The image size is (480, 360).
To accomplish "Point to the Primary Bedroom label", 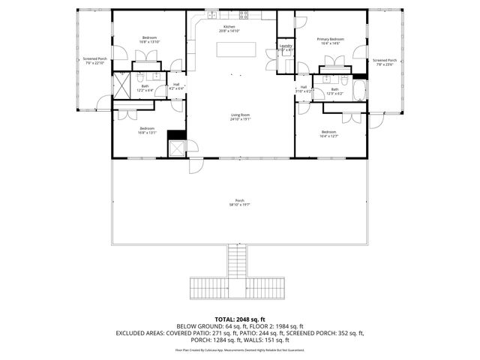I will click(x=330, y=39).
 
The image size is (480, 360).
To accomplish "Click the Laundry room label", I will click(x=285, y=46).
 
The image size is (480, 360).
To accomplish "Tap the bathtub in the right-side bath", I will click(x=360, y=93).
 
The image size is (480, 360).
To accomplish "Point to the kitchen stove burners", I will click(x=244, y=14).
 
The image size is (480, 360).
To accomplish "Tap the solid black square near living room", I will click(x=176, y=135).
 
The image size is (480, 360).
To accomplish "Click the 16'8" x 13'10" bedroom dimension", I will click(x=151, y=43).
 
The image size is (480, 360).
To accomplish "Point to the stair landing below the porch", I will click(x=239, y=288).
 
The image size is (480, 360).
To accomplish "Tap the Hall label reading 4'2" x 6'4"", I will click(x=176, y=88).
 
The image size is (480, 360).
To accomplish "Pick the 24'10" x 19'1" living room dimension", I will click(x=239, y=118).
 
